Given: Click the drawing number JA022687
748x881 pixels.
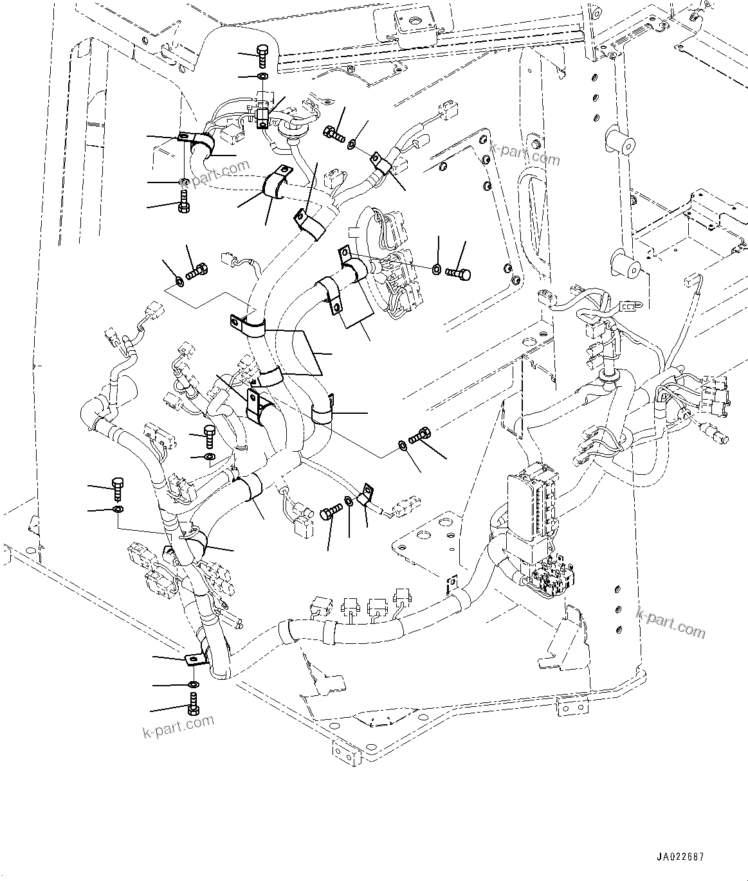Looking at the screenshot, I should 680,857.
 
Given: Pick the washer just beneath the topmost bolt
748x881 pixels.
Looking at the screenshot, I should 262,77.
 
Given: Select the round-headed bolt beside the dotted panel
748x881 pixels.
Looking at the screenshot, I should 459,274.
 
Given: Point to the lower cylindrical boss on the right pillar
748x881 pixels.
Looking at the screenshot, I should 625,266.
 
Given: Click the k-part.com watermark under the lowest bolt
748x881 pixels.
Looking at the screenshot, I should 178,726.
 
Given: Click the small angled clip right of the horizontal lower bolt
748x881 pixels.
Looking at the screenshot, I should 365,495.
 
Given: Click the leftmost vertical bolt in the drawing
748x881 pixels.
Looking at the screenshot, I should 118,488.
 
